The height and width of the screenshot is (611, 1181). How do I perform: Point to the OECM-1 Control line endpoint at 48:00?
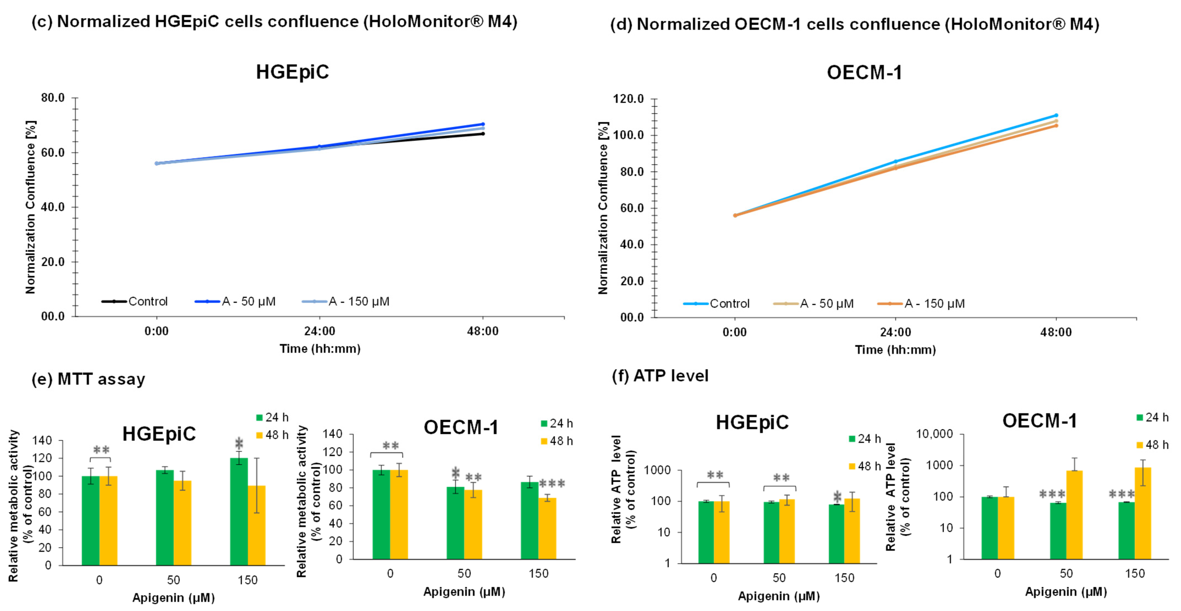point(1056,115)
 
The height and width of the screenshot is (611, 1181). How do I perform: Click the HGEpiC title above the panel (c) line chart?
point(293,72)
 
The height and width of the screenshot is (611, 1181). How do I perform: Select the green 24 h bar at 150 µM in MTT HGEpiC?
point(239,512)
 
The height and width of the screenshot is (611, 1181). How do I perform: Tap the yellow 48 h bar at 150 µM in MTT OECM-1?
point(548,529)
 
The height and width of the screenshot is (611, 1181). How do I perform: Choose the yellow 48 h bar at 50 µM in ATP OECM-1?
point(1074,515)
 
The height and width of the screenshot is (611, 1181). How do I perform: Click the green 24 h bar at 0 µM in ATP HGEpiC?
point(706,532)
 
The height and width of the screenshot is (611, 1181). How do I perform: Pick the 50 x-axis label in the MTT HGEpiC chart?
point(173,580)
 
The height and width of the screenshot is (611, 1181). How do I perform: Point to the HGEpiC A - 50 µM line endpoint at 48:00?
point(483,124)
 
